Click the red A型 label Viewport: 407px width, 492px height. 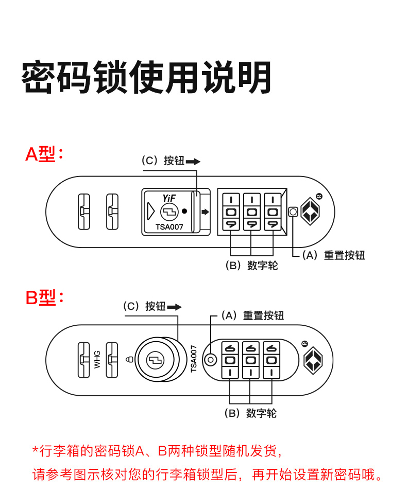click(x=44, y=154)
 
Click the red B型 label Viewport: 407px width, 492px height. click(x=44, y=297)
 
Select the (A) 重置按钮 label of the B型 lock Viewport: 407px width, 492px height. click(x=252, y=315)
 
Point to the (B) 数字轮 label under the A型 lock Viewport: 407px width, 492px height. click(x=251, y=266)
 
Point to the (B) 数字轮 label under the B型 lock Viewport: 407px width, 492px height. click(x=250, y=413)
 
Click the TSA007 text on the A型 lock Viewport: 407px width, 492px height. click(x=169, y=226)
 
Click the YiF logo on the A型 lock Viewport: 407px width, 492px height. click(x=169, y=198)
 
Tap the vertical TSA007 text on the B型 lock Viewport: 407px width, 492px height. click(x=194, y=359)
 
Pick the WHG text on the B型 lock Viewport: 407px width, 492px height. click(x=97, y=358)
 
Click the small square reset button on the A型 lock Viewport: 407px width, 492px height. click(x=293, y=212)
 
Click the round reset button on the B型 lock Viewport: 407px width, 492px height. click(x=210, y=359)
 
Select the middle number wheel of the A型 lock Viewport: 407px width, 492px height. click(x=251, y=212)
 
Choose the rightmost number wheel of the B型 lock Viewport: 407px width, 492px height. click(x=271, y=359)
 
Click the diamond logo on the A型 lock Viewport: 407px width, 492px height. click(x=311, y=211)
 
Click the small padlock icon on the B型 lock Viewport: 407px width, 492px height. click(x=129, y=359)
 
